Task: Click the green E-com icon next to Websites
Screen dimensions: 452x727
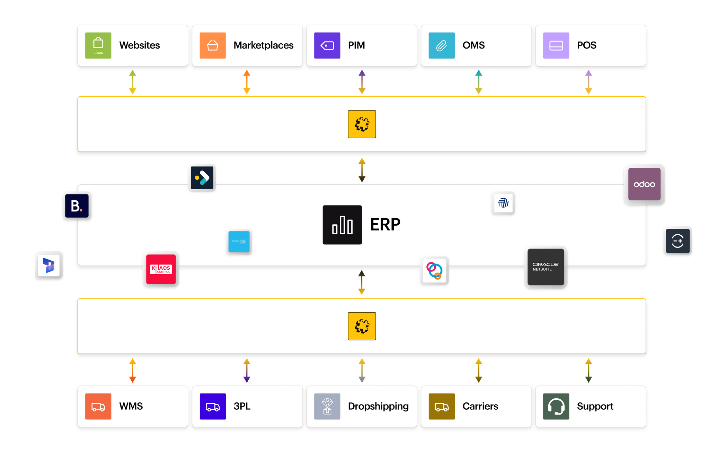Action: pyautogui.click(x=98, y=45)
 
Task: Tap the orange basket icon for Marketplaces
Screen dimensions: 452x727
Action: pyautogui.click(x=213, y=45)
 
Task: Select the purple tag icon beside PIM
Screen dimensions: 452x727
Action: pyautogui.click(x=327, y=45)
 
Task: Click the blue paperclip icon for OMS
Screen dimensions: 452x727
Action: pyautogui.click(x=441, y=45)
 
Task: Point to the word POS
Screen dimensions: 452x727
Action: pyautogui.click(x=586, y=45)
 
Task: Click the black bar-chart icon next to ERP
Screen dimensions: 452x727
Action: pyautogui.click(x=342, y=225)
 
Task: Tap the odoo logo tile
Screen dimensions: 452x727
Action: pyautogui.click(x=644, y=184)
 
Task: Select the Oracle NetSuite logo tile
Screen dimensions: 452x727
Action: pyautogui.click(x=546, y=267)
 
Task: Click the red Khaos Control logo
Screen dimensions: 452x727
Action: pyautogui.click(x=161, y=269)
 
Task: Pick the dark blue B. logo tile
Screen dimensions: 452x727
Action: pyautogui.click(x=77, y=206)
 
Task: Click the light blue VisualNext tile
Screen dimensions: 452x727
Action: pyautogui.click(x=239, y=241)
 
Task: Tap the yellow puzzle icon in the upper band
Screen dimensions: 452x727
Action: pyautogui.click(x=362, y=124)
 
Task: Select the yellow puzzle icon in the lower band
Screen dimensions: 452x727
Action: pyautogui.click(x=362, y=326)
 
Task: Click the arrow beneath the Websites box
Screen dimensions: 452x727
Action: pyautogui.click(x=132, y=82)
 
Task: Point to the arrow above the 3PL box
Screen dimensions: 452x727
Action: pyautogui.click(x=246, y=371)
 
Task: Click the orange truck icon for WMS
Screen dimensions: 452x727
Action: pyautogui.click(x=98, y=406)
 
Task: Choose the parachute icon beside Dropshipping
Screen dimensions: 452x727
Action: pyautogui.click(x=327, y=406)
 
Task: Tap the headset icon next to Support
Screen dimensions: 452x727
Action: pyautogui.click(x=556, y=406)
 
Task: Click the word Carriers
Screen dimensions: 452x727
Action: pyautogui.click(x=480, y=406)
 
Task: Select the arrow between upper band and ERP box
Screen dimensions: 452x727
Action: pyautogui.click(x=362, y=169)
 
